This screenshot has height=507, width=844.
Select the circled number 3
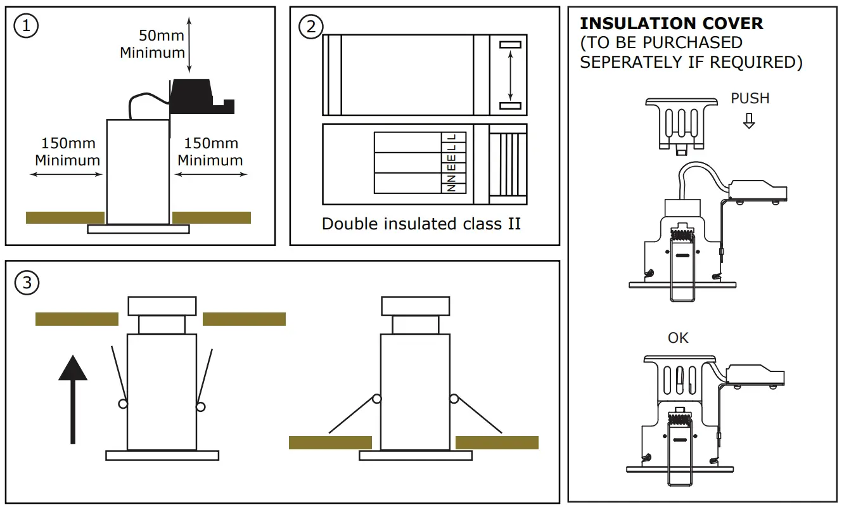pos(26,283)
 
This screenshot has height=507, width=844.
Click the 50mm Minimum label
pos(153,43)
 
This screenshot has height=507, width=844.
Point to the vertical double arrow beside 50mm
pos(189,45)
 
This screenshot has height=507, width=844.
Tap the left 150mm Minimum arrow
pos(67,174)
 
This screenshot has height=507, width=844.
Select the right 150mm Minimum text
pos(210,152)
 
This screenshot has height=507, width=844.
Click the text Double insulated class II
pos(421,224)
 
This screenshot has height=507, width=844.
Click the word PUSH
pos(750,98)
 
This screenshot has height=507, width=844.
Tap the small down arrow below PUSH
pos(750,120)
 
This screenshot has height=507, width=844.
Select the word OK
pos(678,338)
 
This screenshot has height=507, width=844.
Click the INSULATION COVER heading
pos(672,24)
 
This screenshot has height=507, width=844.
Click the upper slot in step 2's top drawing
pos(510,45)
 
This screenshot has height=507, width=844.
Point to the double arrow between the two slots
pos(510,75)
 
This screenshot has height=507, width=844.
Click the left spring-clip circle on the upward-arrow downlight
pos(123,404)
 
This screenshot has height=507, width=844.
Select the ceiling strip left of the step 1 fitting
pos(65,217)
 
